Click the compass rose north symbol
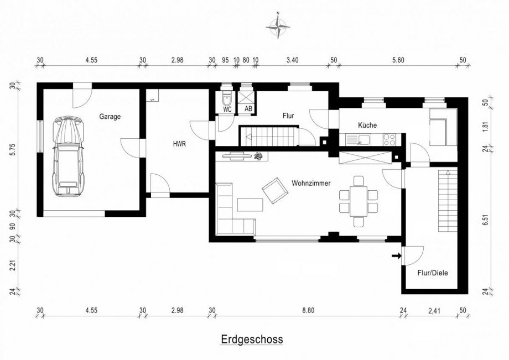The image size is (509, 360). [278, 26]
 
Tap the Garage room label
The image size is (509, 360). [110, 117]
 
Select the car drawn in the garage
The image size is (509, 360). [69, 156]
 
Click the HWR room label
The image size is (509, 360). [179, 144]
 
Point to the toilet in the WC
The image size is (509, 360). [226, 98]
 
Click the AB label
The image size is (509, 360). [248, 109]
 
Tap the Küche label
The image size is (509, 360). [367, 125]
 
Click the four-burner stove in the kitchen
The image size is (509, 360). [389, 139]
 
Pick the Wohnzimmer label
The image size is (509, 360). [311, 183]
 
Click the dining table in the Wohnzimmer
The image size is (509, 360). [359, 201]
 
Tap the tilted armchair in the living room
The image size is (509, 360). [276, 190]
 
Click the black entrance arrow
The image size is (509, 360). [396, 256]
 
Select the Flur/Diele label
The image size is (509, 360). [433, 273]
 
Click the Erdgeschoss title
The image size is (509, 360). [252, 339]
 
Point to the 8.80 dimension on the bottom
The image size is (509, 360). [308, 310]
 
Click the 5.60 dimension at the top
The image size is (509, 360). [398, 60]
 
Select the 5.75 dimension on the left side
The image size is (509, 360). [13, 149]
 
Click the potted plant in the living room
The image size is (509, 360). [259, 156]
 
